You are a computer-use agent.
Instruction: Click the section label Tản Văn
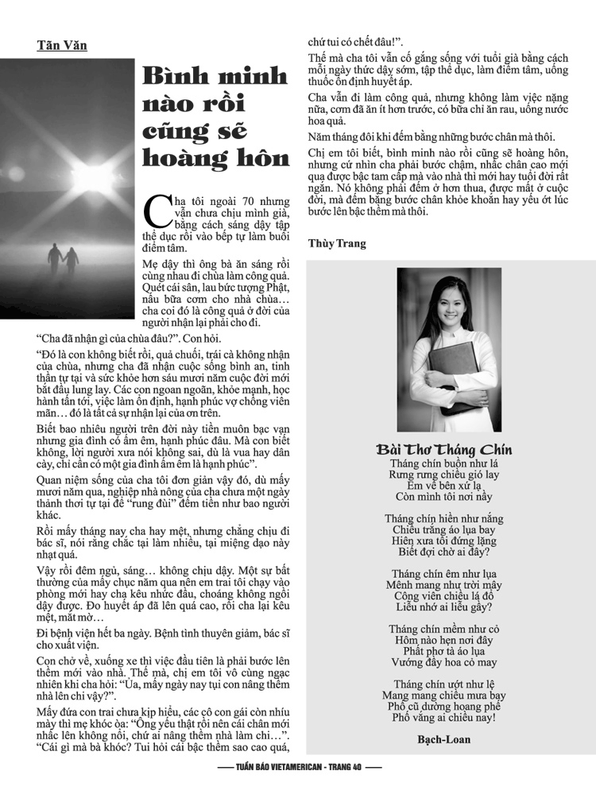point(62,45)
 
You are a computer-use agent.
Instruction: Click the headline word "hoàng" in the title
point(183,157)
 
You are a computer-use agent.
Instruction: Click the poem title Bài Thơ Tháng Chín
point(443,450)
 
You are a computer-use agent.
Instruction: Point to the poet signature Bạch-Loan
point(443,739)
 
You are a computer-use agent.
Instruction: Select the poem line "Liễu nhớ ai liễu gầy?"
point(443,606)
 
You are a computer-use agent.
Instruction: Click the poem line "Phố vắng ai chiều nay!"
point(443,718)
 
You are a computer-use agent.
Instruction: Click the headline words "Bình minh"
point(215,77)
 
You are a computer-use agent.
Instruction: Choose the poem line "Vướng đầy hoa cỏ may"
point(443,662)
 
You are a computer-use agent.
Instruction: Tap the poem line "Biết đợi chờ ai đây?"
point(443,552)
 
